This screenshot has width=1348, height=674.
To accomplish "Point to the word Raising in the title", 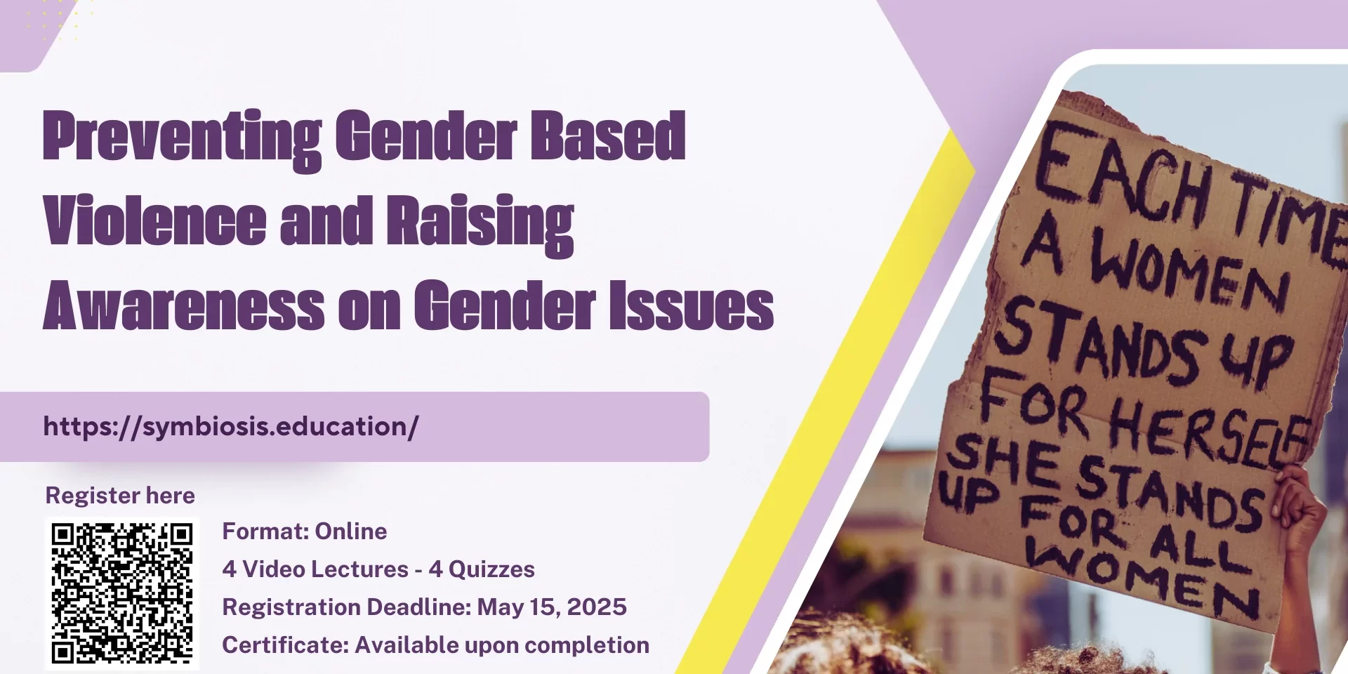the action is click(x=480, y=225).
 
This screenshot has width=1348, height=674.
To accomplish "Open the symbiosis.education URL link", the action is click(x=231, y=426).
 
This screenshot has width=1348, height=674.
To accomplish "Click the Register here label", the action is click(x=120, y=495).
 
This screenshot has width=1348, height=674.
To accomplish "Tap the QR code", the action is click(x=122, y=593).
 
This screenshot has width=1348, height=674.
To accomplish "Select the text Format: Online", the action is click(x=305, y=531).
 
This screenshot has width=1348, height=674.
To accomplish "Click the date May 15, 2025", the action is click(x=552, y=607).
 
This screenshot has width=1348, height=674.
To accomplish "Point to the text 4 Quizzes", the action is click(x=482, y=569).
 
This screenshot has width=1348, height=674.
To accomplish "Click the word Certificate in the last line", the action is click(x=285, y=645).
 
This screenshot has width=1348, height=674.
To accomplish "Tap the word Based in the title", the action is click(x=608, y=136).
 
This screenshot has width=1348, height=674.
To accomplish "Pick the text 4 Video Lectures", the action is click(x=315, y=569).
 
